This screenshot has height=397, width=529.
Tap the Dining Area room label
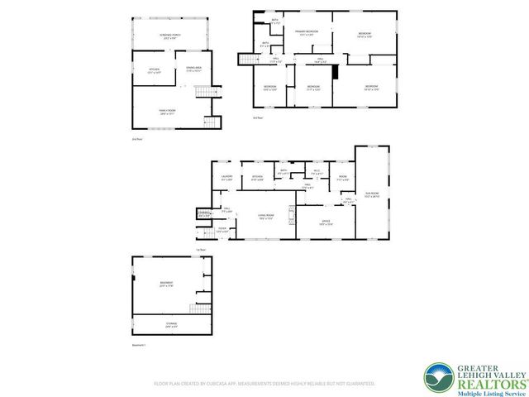click(x=195, y=69)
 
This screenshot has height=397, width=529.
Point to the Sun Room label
click(x=371, y=194)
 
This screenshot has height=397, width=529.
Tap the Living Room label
click(x=266, y=217)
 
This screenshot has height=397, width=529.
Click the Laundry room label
click(x=226, y=178)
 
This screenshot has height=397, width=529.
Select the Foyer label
click(x=222, y=229)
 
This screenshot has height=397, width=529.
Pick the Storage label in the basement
click(x=171, y=325)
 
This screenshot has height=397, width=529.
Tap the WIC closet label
click(x=316, y=173)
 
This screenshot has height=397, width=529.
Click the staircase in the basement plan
click(x=192, y=309)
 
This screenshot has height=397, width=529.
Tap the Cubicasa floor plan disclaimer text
click(x=264, y=384)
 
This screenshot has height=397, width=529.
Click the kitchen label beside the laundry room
click(x=257, y=177)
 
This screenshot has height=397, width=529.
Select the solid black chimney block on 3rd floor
click(x=336, y=72)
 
